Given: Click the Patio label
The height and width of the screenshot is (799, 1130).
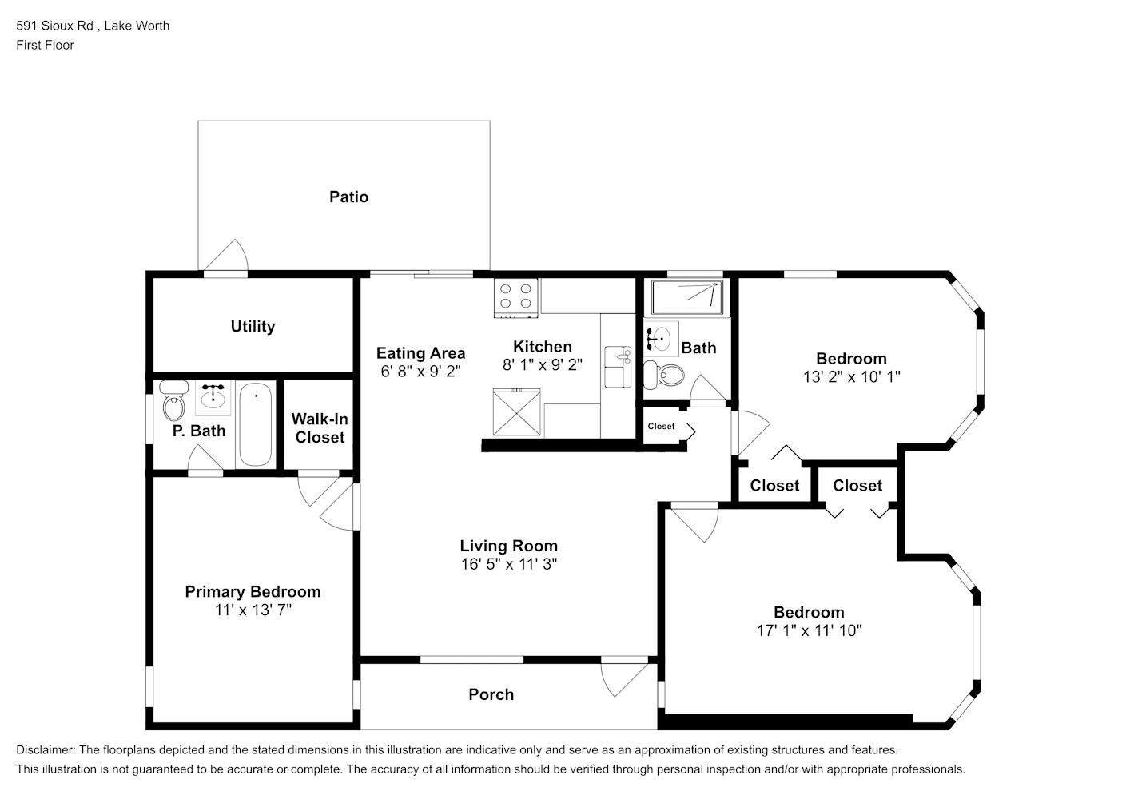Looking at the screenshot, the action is [x=348, y=197].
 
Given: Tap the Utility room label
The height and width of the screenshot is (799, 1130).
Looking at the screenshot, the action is [x=253, y=326].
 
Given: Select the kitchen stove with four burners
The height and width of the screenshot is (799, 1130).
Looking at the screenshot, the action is [x=515, y=298].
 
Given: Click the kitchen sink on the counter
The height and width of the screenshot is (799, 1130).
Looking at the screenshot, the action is [x=618, y=367].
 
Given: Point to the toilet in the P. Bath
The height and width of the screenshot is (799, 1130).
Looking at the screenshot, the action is [x=173, y=400].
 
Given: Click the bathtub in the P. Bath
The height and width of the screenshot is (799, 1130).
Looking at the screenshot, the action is [x=255, y=424].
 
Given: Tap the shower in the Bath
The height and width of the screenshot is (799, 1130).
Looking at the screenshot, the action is [x=686, y=297].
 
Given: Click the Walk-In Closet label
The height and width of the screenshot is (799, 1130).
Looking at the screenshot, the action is [x=320, y=428].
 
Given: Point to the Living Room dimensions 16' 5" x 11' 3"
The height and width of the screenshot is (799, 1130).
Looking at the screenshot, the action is [x=508, y=564].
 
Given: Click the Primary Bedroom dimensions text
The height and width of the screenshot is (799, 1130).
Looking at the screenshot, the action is [x=253, y=610].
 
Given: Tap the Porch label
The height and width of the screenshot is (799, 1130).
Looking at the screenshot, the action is [x=491, y=694].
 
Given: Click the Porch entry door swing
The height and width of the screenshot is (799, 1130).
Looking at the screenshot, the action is [x=624, y=680].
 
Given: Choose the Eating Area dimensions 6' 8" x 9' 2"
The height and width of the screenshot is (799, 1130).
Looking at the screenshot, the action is [x=420, y=372].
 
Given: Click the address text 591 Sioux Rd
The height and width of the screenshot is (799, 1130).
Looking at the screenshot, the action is [x=54, y=26].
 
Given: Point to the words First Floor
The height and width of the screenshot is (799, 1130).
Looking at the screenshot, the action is [x=45, y=45].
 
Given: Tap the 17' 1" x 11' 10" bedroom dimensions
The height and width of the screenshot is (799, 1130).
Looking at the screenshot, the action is [x=810, y=630].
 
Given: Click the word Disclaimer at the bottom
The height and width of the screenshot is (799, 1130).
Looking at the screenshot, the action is [x=46, y=750].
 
